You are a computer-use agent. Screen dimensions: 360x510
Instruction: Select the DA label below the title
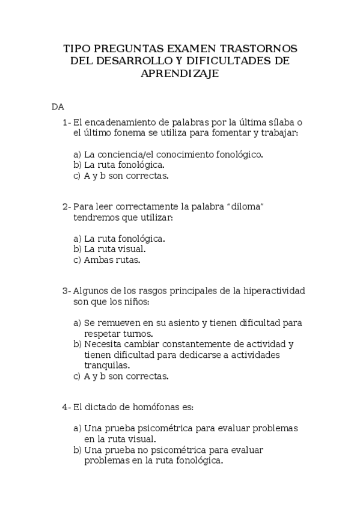(58, 107)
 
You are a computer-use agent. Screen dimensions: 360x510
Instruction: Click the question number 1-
(66, 122)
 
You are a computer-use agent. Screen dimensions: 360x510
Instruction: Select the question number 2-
(66, 206)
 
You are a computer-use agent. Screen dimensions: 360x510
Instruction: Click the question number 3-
(66, 291)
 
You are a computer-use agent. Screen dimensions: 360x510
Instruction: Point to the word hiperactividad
(273, 291)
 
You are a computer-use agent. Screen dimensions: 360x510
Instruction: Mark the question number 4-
(66, 407)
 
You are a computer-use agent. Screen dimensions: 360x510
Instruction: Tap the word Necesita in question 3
(103, 345)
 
